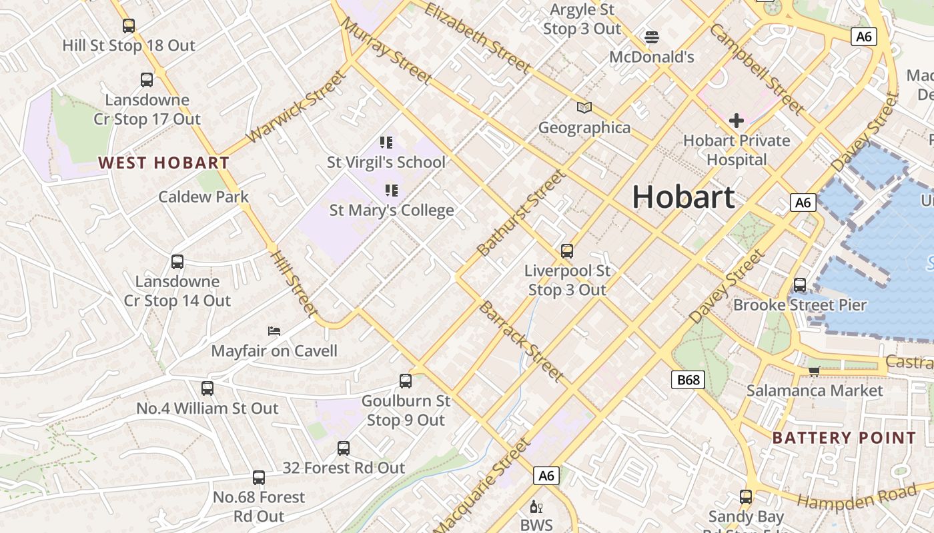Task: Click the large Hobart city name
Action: [x=683, y=197]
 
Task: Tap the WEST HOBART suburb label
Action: [x=163, y=163]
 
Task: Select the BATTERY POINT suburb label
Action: [x=844, y=438]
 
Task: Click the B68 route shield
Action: [x=688, y=380]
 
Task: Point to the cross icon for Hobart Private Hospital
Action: [x=737, y=121]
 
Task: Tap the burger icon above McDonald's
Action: [x=652, y=37]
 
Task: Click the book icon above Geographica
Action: [x=584, y=107]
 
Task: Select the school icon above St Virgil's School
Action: [x=386, y=142]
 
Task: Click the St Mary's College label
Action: [x=392, y=211]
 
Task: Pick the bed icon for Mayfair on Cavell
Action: [x=274, y=330]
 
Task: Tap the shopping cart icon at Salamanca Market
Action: [x=814, y=371]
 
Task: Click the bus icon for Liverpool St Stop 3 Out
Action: [x=567, y=251]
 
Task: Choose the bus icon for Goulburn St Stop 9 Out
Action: [x=406, y=381]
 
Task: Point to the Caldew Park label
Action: [x=203, y=197]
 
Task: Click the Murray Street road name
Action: [x=386, y=51]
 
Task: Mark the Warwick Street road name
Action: [x=297, y=107]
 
